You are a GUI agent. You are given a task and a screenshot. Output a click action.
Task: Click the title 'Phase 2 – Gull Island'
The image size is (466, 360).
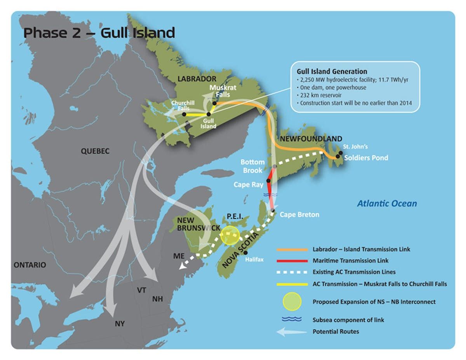click(x=99, y=33)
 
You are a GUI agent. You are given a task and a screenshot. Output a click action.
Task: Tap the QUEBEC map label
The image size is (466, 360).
click(x=95, y=151)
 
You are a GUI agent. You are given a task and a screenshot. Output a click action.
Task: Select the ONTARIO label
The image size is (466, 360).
click(x=30, y=265)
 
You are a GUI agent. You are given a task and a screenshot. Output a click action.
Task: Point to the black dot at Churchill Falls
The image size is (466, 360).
click(x=184, y=115)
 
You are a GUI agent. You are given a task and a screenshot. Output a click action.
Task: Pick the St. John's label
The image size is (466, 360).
click(x=355, y=147)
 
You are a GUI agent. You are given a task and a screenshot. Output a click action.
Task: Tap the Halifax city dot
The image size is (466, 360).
click(x=245, y=253)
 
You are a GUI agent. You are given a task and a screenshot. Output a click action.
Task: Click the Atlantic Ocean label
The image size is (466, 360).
click(x=387, y=203)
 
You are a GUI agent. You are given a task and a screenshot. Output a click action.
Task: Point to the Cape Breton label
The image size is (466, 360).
click(x=299, y=214)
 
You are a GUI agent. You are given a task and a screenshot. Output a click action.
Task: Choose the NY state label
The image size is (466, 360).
click(x=120, y=323)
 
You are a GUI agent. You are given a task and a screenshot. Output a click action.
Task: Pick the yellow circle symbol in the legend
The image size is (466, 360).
click(x=291, y=302)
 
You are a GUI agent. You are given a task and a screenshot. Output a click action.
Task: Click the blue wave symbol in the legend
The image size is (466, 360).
click(x=291, y=320)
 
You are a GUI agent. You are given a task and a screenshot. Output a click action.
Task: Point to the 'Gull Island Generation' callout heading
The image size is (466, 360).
click(x=332, y=71)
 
